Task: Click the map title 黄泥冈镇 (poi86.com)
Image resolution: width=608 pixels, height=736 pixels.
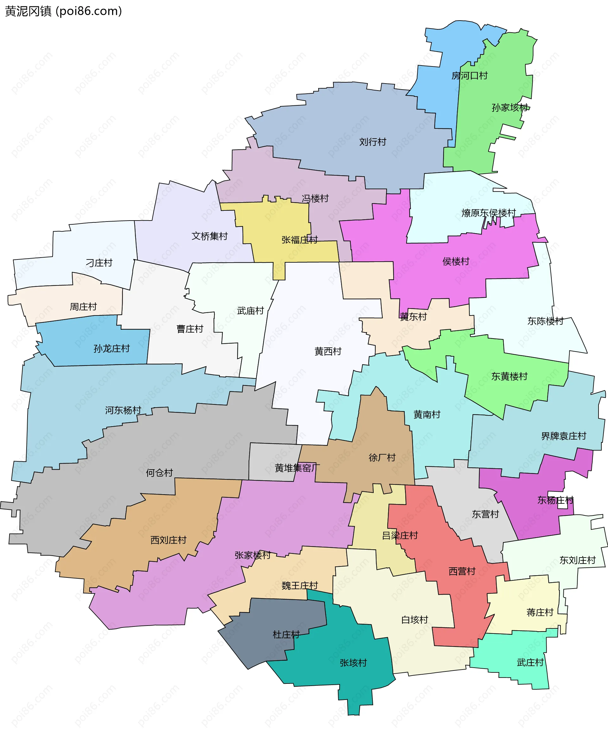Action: coord(63,11)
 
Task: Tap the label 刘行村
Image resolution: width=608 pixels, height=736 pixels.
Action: coord(373,142)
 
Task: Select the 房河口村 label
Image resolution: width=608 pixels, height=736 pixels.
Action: coord(469,76)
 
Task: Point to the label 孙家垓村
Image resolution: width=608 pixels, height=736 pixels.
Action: coord(510,108)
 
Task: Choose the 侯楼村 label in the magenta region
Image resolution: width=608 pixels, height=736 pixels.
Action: coord(456,261)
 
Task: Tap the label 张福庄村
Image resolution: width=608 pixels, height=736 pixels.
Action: coord(300,240)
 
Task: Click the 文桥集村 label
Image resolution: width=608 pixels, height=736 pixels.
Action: coord(209,236)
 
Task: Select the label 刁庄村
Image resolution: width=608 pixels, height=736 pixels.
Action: coord(99,263)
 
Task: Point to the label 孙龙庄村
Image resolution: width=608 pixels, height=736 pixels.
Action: coord(111,348)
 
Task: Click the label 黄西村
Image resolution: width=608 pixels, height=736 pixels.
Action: coord(328,351)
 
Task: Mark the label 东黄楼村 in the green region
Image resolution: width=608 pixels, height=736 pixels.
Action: coord(509,377)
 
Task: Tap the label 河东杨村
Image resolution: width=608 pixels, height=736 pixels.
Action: coord(123,410)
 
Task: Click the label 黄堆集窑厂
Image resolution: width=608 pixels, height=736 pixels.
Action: coord(297,468)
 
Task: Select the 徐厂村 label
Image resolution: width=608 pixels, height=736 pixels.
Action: coord(382,458)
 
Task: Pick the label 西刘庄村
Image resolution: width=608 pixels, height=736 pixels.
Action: coord(168,540)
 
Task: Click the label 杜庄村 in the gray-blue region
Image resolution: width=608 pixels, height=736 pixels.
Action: coord(286,634)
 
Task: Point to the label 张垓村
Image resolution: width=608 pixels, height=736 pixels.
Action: coord(353,663)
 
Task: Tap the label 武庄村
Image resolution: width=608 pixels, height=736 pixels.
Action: coord(530,663)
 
